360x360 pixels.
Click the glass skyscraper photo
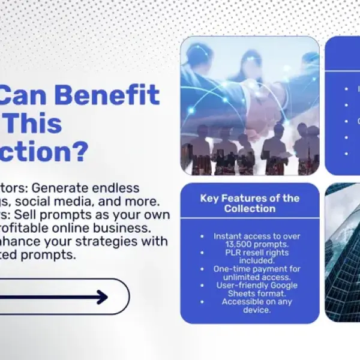[342, 252]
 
